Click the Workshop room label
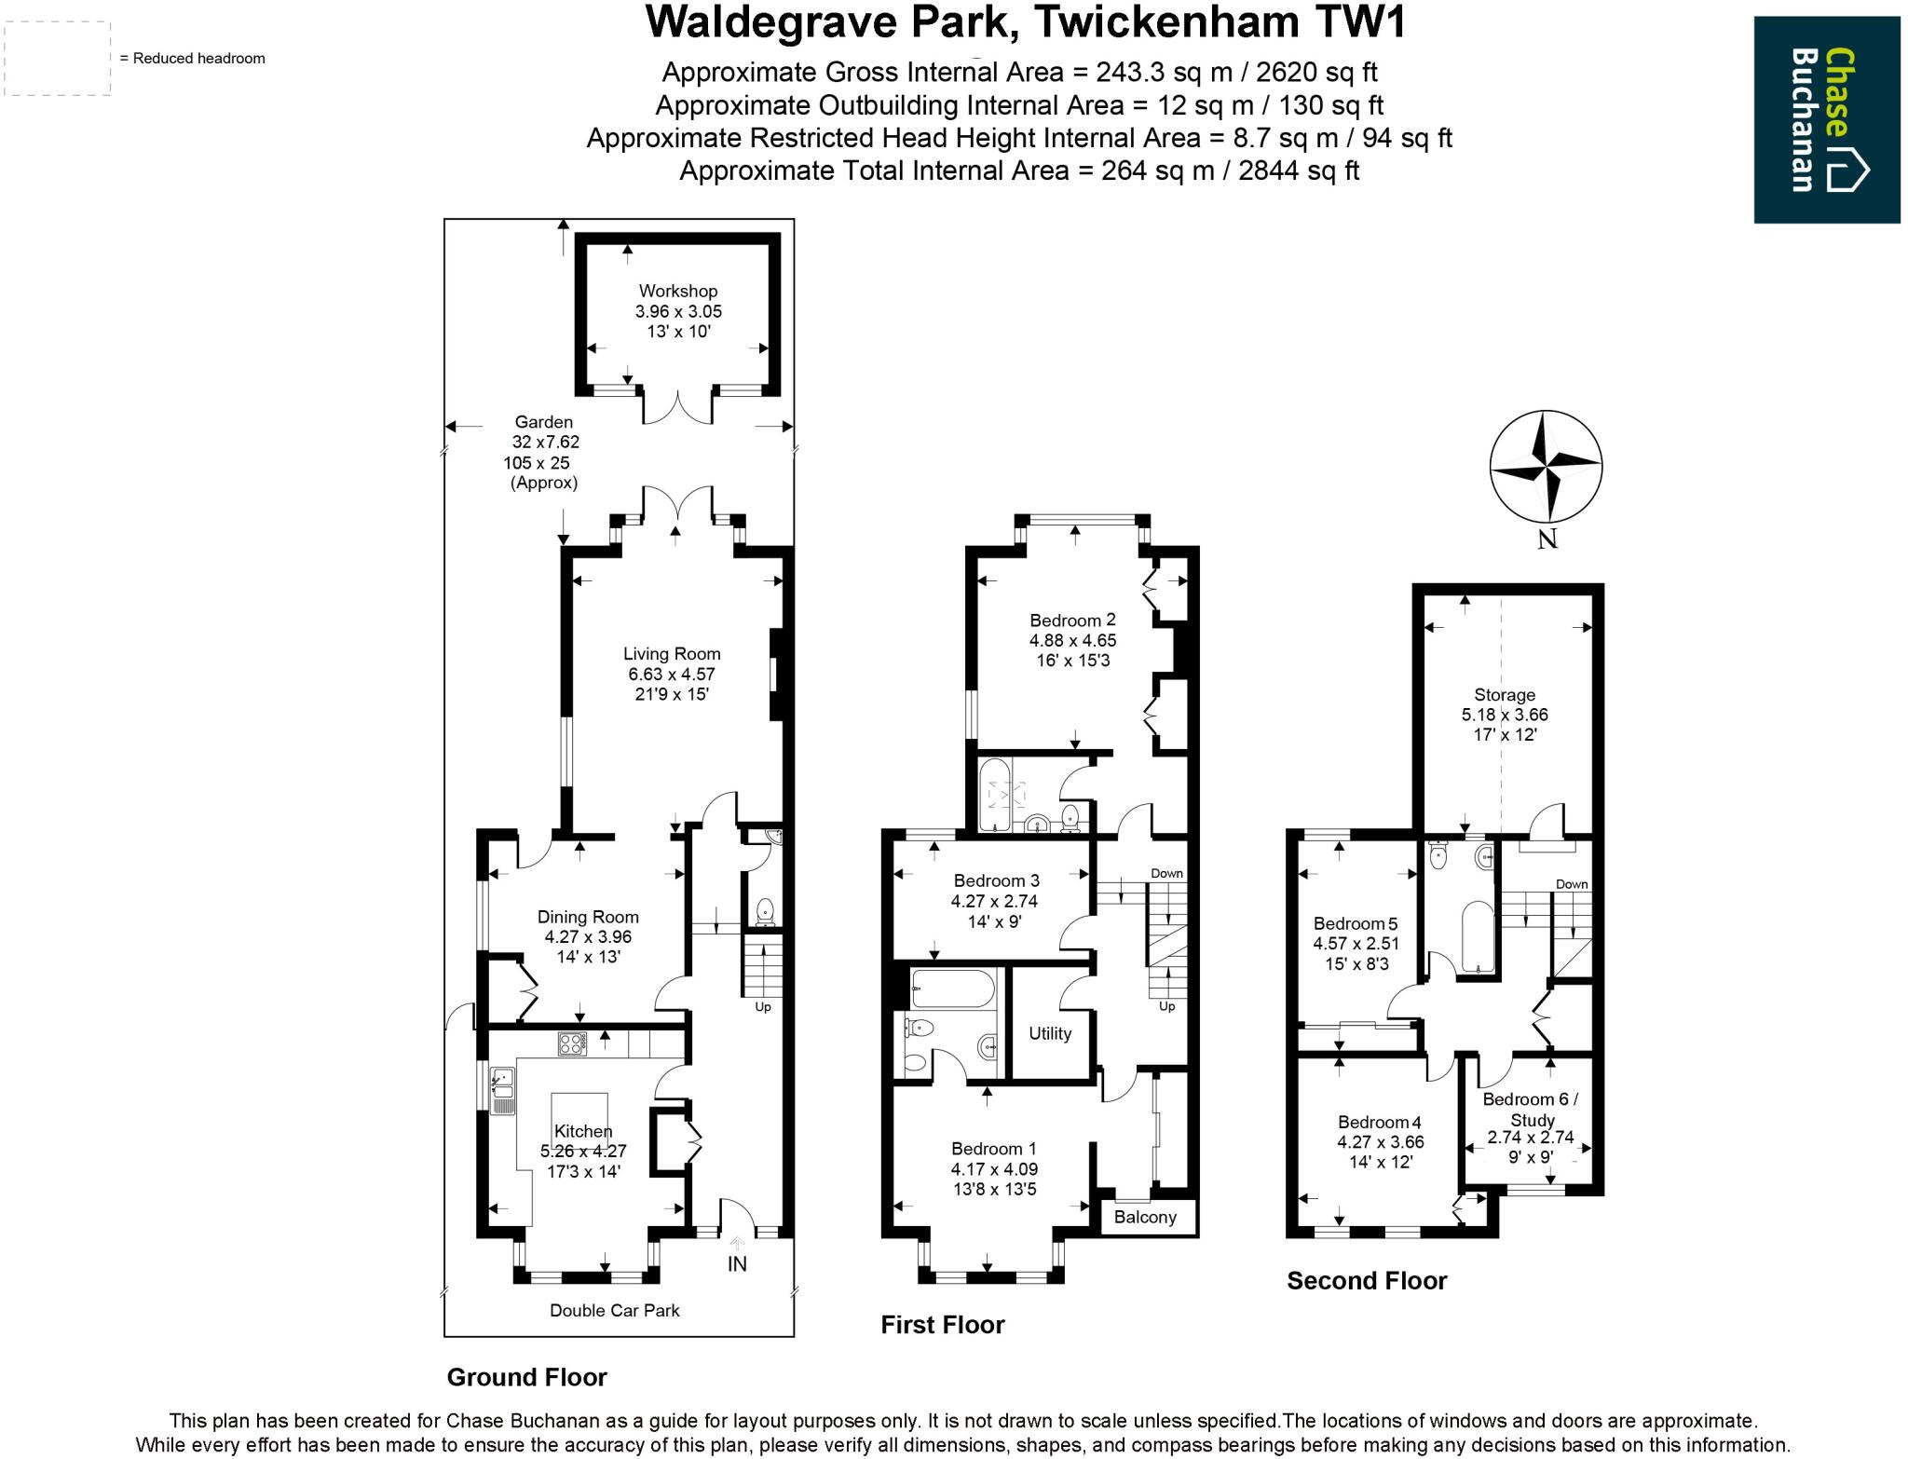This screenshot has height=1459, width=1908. point(677,292)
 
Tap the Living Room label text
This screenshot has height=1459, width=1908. point(672,654)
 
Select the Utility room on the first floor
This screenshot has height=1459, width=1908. point(1050,1033)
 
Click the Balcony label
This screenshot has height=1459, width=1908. point(1145,1217)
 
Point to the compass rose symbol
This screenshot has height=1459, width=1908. point(1546,467)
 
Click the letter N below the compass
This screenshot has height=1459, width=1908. point(1547,539)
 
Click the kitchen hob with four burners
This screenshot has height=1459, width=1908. point(571,1044)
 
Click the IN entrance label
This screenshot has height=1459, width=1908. point(737,1264)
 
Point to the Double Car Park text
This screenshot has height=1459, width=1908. point(614,1310)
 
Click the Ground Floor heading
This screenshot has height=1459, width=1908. point(526,1377)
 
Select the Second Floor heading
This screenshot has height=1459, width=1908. point(1366,1280)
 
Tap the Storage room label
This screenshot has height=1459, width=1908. point(1504,694)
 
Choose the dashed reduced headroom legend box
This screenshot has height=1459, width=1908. point(56,58)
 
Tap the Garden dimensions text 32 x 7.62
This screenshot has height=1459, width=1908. point(545,443)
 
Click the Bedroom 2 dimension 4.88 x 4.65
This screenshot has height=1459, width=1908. point(1072,640)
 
